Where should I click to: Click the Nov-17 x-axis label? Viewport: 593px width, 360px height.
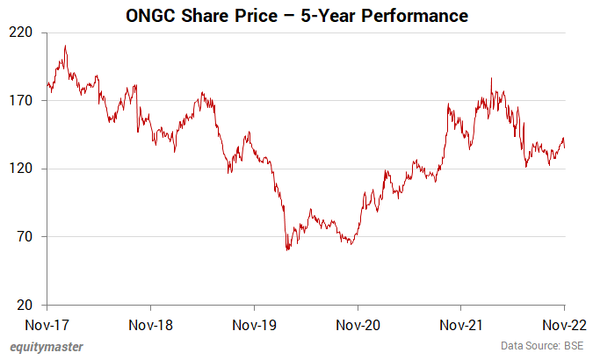pos(47,324)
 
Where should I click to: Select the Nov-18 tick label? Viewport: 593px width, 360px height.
pos(150,324)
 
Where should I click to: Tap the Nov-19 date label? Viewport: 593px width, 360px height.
pos(254,324)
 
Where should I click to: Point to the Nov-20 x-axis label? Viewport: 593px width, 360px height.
pos(358,324)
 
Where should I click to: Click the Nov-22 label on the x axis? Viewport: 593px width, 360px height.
pos(563,324)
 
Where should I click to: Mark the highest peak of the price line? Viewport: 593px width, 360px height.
pos(65,47)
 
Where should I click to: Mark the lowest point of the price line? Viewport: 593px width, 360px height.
pos(287,250)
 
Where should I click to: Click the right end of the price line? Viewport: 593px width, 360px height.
pos(564,148)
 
